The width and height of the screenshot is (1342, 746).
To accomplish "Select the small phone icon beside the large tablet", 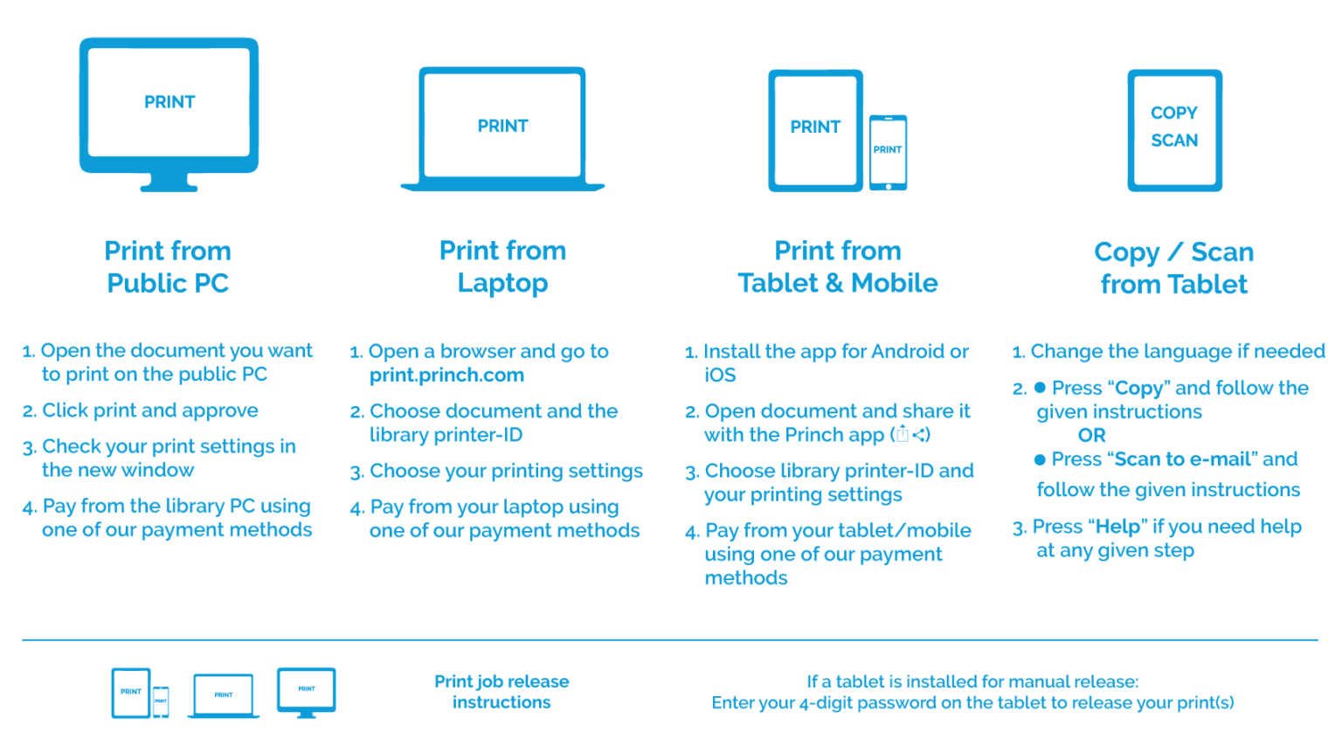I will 888,152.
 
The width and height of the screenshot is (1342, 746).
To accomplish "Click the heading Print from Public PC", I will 168,266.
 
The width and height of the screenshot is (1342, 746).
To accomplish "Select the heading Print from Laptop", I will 502,266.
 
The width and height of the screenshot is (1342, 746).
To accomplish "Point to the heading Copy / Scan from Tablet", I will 1173,267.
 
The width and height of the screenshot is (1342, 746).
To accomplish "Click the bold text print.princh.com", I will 446,376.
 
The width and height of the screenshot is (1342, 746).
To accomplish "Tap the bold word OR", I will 1091,435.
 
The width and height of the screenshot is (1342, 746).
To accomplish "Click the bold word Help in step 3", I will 1117,527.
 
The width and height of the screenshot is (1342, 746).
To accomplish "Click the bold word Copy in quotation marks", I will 1138,388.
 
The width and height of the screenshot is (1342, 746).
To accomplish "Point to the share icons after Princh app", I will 910,435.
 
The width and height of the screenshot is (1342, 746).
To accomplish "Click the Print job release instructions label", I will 502,692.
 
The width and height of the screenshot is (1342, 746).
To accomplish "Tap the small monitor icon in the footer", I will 306,692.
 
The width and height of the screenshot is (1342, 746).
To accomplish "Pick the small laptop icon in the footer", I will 224,696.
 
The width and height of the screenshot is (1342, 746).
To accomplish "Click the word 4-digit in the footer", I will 829,703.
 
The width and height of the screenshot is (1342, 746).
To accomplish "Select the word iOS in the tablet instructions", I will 720,376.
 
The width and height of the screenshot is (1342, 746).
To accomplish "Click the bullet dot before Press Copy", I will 1040,388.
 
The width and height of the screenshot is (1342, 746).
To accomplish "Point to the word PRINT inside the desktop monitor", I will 169,102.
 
